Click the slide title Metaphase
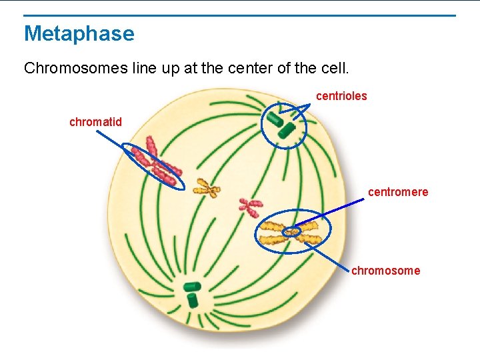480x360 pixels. coord(79,33)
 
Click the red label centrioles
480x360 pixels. coord(341,96)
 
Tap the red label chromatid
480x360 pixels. coord(95,122)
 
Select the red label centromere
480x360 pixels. coord(398,192)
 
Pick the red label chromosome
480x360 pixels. coord(385,270)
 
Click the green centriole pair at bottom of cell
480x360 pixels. coord(192,293)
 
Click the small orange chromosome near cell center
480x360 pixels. coord(207,189)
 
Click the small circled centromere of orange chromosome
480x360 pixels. coord(291,232)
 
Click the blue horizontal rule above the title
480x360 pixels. coord(240,15)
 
